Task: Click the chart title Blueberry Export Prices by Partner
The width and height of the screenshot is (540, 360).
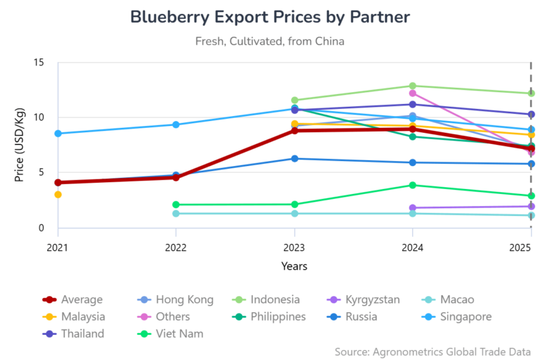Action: (270, 16)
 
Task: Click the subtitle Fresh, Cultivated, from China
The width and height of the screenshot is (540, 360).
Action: (270, 41)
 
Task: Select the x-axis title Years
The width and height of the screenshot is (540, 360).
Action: (294, 266)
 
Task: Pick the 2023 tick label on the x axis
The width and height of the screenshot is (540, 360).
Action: (294, 247)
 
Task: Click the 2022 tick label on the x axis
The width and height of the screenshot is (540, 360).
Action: (176, 247)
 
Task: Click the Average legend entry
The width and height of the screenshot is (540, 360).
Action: (73, 300)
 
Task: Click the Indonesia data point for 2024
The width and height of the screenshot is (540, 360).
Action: (413, 86)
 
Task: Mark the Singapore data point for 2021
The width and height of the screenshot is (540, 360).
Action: (58, 134)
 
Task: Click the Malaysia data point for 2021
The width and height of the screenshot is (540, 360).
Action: (58, 194)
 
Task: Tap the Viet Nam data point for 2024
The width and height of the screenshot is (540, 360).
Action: (413, 185)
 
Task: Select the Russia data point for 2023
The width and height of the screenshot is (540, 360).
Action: (295, 158)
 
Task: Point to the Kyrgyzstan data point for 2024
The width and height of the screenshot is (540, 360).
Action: (413, 207)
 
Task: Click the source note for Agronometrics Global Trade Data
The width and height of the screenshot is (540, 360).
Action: (432, 350)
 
